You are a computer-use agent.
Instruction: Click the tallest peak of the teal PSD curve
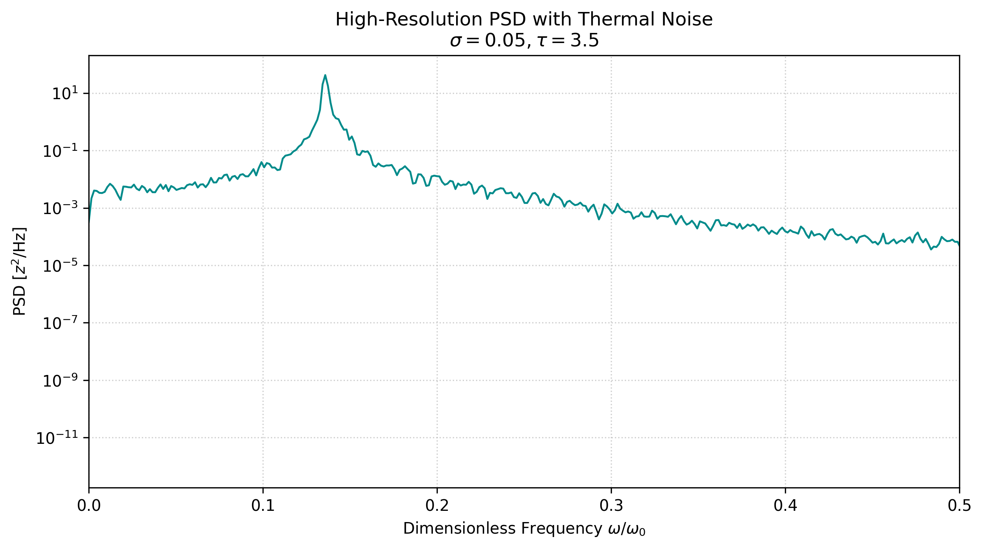tap(325, 75)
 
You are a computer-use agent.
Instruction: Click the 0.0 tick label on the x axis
tap(89, 506)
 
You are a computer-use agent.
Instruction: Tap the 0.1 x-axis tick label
tap(263, 506)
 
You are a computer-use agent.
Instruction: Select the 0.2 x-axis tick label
tap(437, 506)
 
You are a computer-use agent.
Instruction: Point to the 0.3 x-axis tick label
tap(611, 506)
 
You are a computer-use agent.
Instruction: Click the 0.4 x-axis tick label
tap(785, 506)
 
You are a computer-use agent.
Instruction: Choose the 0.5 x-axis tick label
tap(959, 506)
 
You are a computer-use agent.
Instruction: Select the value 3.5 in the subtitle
tap(584, 41)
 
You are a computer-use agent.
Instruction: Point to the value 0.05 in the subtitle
tap(505, 41)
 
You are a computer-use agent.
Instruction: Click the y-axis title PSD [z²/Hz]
tap(20, 271)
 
